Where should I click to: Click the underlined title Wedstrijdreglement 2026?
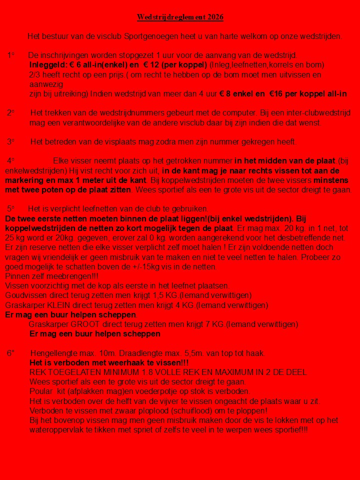click(x=180, y=17)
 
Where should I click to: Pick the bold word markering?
click(x=25, y=180)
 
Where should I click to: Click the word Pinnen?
click(x=16, y=276)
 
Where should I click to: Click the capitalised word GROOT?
click(x=85, y=324)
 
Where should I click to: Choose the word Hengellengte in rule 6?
click(x=53, y=353)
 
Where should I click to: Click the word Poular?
click(x=40, y=391)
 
